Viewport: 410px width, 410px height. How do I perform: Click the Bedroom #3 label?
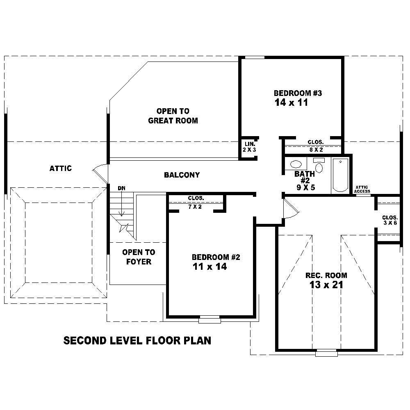[298, 93]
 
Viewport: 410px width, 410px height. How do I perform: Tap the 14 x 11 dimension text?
[291, 102]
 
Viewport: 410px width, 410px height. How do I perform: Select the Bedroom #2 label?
[216, 257]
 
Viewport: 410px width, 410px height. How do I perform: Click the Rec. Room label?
[326, 275]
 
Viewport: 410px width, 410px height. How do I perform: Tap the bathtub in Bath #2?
[340, 175]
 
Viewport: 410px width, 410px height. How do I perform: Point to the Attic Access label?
[362, 189]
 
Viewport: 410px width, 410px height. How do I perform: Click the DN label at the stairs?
[122, 188]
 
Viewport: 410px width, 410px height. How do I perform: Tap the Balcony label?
[182, 175]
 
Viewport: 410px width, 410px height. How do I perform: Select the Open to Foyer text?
[139, 257]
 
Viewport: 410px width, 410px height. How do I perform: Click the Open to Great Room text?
[173, 116]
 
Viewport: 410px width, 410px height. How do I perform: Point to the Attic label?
[61, 168]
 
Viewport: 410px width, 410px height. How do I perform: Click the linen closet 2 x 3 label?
[250, 147]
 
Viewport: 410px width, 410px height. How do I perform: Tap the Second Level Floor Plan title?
[137, 340]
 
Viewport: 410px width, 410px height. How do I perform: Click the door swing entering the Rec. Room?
[290, 210]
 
